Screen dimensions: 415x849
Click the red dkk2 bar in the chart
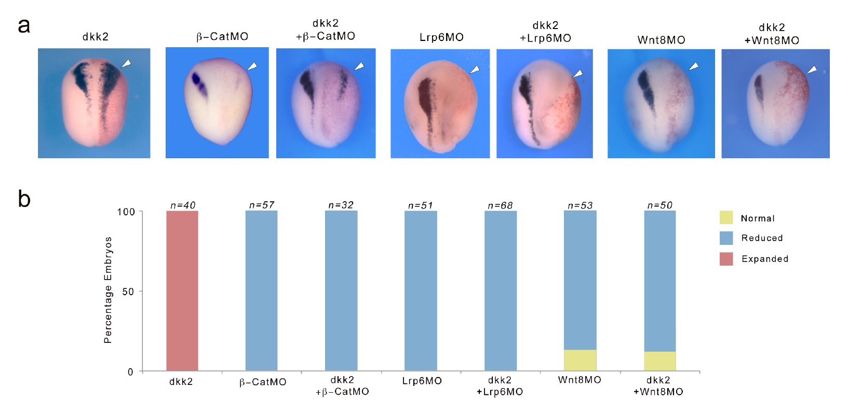[x=182, y=290]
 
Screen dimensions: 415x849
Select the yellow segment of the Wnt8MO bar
[x=580, y=360]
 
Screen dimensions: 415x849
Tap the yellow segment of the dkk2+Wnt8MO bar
[x=659, y=361]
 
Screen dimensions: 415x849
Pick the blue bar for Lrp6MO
[x=421, y=290]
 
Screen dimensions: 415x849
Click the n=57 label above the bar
[x=262, y=205]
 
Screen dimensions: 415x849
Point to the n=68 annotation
[x=500, y=205]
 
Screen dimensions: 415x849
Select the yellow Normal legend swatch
[x=726, y=218]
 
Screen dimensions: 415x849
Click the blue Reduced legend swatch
[x=726, y=238]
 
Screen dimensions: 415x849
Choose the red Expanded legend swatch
[x=726, y=259]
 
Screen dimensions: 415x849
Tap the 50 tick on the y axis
[x=128, y=292]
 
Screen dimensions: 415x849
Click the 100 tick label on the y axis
[x=126, y=212]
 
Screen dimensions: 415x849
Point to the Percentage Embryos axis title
[x=108, y=290]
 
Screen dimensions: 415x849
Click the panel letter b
[x=24, y=199]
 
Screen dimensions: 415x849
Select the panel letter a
[x=24, y=25]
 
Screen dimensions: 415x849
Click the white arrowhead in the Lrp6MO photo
[x=475, y=70]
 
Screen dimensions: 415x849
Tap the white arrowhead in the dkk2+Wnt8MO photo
[x=812, y=70]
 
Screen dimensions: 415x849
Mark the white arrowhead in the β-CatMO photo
[x=252, y=66]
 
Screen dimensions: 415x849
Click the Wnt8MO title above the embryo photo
[x=661, y=40]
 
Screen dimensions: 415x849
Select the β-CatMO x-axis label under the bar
[x=263, y=382]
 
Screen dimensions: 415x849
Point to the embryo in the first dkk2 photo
[x=95, y=104]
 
